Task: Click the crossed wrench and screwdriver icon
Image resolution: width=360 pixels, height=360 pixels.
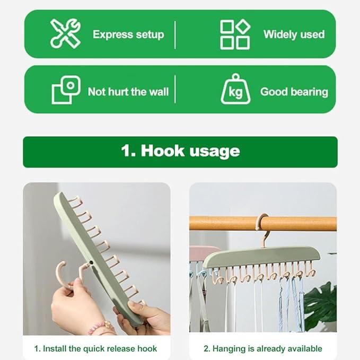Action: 65,33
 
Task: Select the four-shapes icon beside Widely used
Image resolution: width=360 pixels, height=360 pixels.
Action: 235,34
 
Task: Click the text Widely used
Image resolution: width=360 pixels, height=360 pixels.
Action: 294,34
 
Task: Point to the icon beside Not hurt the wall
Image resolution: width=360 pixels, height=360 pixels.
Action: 66,90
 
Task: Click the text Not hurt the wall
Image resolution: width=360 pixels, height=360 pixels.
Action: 128,92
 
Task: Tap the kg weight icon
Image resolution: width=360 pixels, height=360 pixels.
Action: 235,90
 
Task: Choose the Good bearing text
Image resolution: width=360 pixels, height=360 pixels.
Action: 294,92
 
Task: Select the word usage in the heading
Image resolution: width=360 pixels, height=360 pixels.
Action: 215,152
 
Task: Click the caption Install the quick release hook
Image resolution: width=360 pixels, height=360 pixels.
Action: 96,348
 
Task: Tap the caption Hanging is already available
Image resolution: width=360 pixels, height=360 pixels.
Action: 262,348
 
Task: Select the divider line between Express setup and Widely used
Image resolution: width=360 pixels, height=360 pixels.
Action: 175,34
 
